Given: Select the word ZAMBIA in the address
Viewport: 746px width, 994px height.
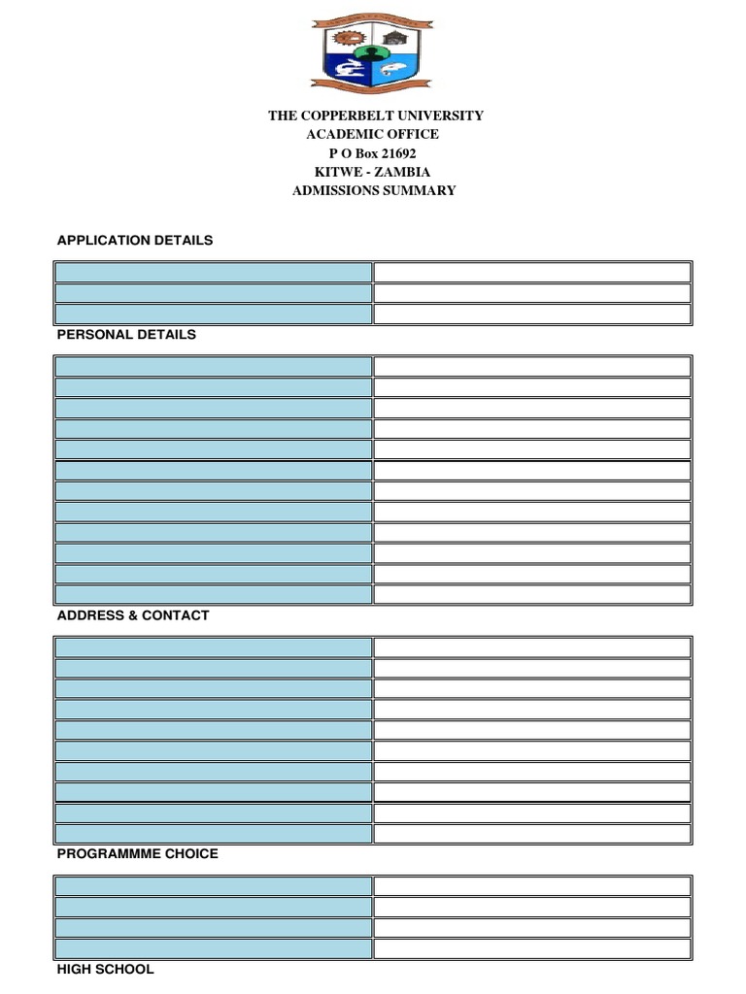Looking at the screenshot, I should click(x=404, y=172).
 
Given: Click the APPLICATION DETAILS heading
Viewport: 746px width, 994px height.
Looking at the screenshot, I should click(x=134, y=240).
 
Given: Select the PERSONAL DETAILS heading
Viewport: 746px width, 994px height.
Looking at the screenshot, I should click(x=126, y=334).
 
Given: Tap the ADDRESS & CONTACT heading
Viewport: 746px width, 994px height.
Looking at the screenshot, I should click(x=133, y=615).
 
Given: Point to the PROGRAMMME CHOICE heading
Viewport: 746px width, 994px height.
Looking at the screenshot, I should click(x=137, y=853).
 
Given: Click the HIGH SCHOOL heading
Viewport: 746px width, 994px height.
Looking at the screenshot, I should click(x=105, y=969).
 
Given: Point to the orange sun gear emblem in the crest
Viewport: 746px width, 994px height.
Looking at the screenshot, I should click(x=344, y=39).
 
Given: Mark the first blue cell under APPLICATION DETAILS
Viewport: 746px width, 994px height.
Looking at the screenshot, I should click(x=214, y=272).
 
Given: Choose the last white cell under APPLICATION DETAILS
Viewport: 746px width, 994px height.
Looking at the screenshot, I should click(x=532, y=314).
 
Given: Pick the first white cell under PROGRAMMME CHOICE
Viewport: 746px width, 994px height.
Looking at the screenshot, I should click(x=532, y=885).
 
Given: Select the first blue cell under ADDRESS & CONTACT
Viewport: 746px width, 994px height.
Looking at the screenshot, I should click(x=214, y=647).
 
